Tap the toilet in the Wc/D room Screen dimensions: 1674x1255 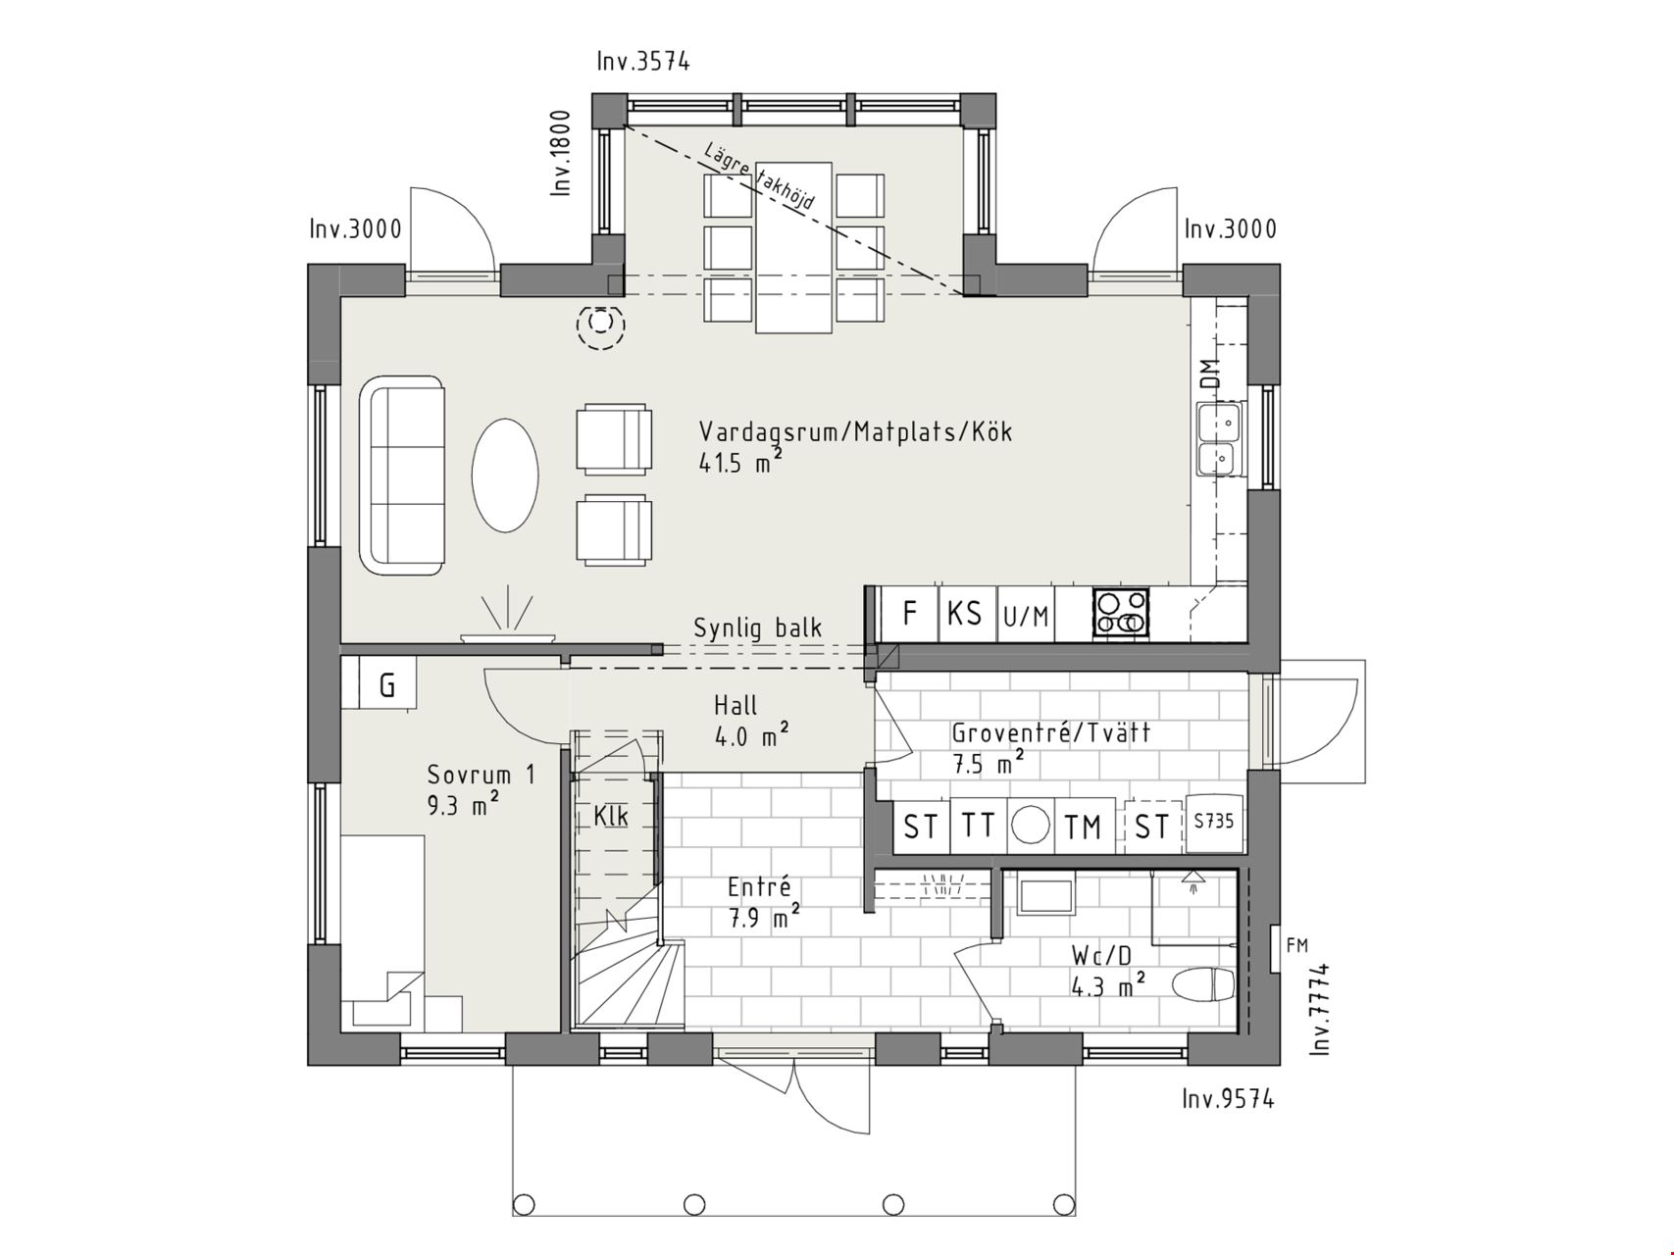[x=1203, y=985]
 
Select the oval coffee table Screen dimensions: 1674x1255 [x=505, y=476]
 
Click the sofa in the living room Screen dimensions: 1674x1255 [x=402, y=475]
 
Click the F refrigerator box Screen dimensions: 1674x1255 [x=909, y=614]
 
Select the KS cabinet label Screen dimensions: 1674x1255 [x=965, y=614]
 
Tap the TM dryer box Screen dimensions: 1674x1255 [x=1084, y=826]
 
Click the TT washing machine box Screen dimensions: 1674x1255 [x=978, y=825]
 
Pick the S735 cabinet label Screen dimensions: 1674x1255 [x=1214, y=821]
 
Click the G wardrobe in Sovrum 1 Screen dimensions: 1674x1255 [x=387, y=683]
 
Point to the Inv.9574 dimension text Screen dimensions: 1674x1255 [x=1228, y=1099]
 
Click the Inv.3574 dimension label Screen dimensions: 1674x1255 [x=643, y=62]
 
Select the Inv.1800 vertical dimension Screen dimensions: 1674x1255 [x=560, y=152]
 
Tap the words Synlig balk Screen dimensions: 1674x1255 [x=758, y=628]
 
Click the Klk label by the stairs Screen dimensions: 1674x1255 [x=611, y=816]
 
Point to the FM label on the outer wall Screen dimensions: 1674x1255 [x=1296, y=946]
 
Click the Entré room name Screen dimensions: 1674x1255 [x=759, y=887]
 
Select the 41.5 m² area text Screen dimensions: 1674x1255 [x=740, y=463]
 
